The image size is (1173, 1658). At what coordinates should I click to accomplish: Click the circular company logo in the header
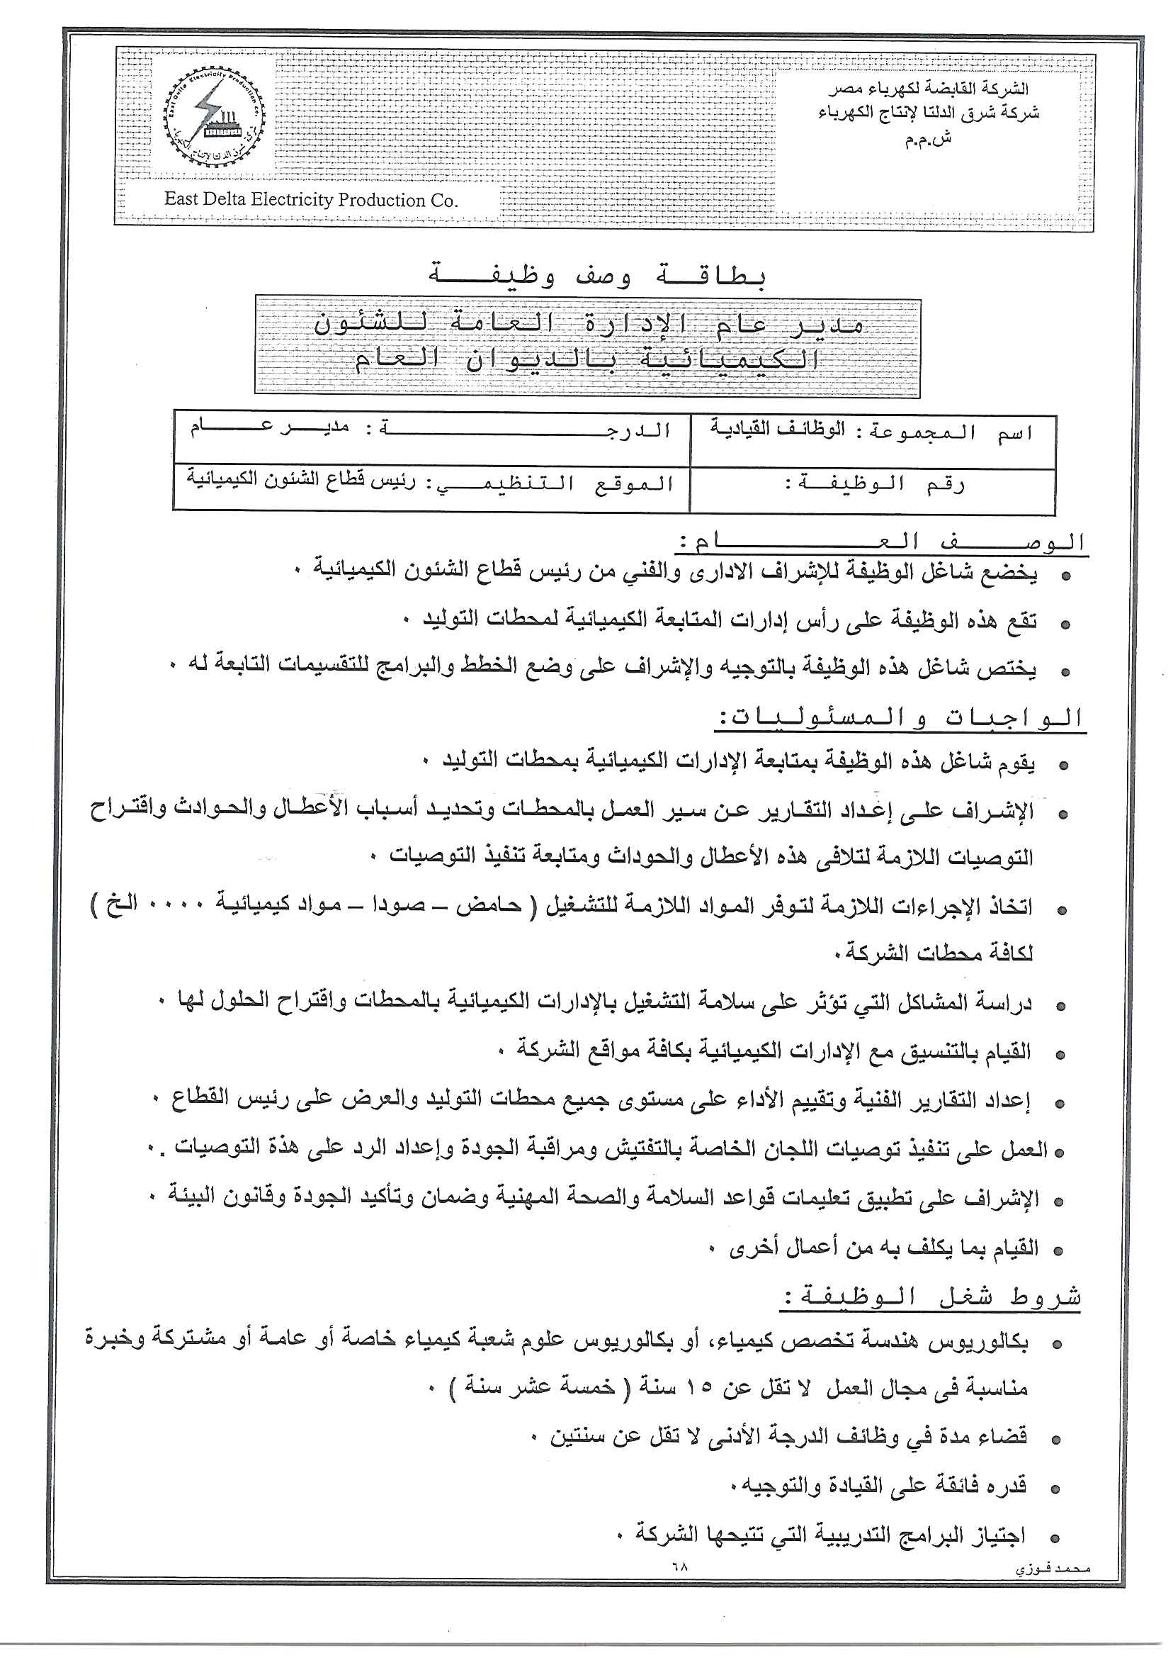pos(215,116)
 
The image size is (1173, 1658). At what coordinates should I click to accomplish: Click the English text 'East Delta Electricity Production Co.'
pos(311,200)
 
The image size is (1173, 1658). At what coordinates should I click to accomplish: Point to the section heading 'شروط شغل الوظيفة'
pos(931,1297)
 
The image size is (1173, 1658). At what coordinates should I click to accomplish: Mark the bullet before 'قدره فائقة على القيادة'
pos(1057,1489)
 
